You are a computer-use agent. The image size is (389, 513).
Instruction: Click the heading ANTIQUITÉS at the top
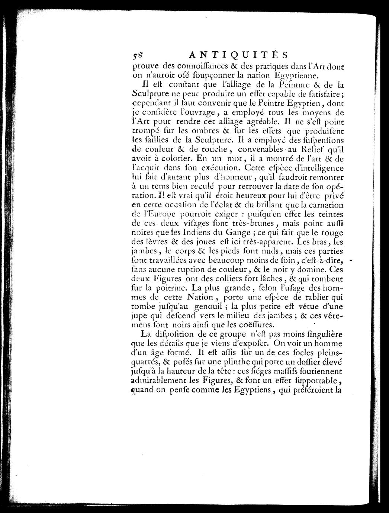click(238, 55)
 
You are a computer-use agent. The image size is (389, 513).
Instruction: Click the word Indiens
click(190, 233)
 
